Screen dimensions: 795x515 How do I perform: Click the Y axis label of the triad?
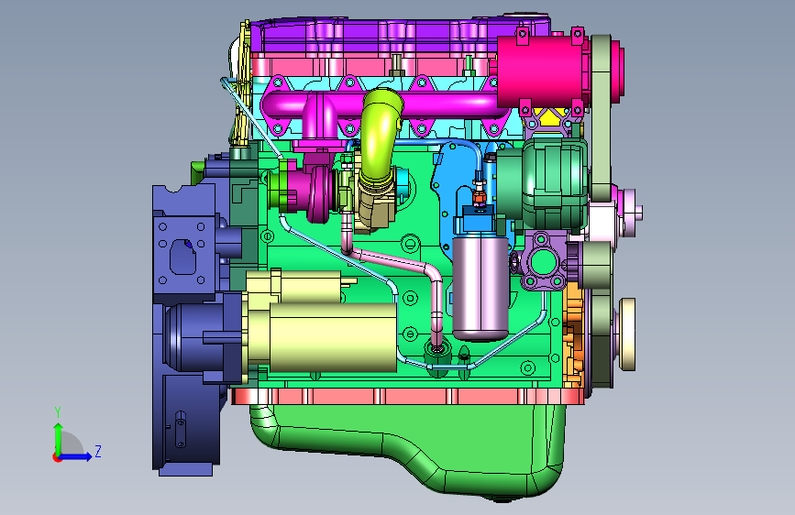point(58,412)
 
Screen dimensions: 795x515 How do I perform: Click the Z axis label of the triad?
point(98,451)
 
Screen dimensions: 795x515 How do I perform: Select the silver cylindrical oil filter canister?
point(480,287)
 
